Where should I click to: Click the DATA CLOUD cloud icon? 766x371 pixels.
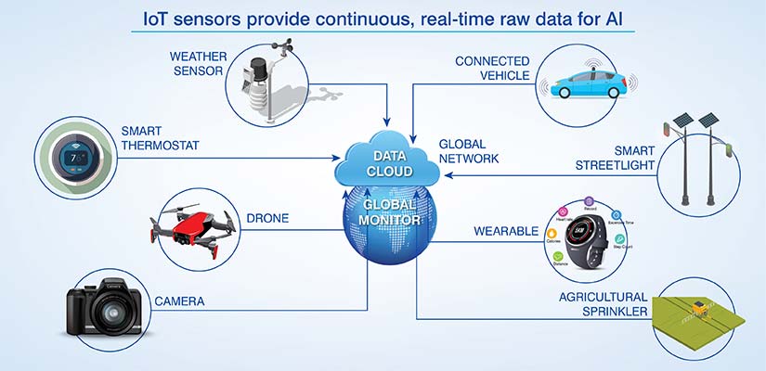pos(383,161)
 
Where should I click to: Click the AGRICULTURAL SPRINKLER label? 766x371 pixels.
pos(604,305)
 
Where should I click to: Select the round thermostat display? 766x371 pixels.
pos(74,157)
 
